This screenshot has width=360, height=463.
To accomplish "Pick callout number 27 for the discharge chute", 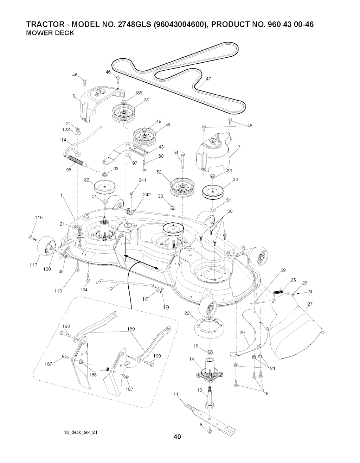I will pyautogui.click(x=310, y=304).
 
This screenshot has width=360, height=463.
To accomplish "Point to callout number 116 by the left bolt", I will pyautogui.click(x=39, y=217).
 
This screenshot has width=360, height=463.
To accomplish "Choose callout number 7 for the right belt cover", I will pyautogui.click(x=239, y=147).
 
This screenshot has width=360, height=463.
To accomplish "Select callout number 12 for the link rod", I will pyautogui.click(x=110, y=289).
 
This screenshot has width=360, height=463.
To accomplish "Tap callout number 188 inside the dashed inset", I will pyautogui.click(x=93, y=375).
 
